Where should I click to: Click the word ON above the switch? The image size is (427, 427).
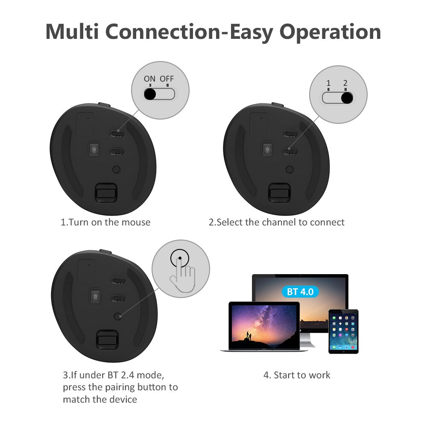(x=149, y=79)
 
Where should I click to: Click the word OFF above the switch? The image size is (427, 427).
(x=167, y=79)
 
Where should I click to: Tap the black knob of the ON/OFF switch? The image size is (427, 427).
(x=150, y=94)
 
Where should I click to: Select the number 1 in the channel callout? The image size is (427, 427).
(x=328, y=84)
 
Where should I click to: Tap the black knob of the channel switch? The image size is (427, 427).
(x=347, y=98)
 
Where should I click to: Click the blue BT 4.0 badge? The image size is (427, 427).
(x=300, y=292)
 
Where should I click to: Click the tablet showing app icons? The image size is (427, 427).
(x=343, y=331)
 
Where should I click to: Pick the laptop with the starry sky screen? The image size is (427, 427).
(x=263, y=326)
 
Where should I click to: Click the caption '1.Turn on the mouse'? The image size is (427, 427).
(x=105, y=222)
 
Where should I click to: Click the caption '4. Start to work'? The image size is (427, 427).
(x=297, y=375)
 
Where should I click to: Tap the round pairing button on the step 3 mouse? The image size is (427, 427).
(x=117, y=316)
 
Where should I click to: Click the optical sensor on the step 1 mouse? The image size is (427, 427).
(x=94, y=149)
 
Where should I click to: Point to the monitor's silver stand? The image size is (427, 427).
(x=308, y=340)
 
